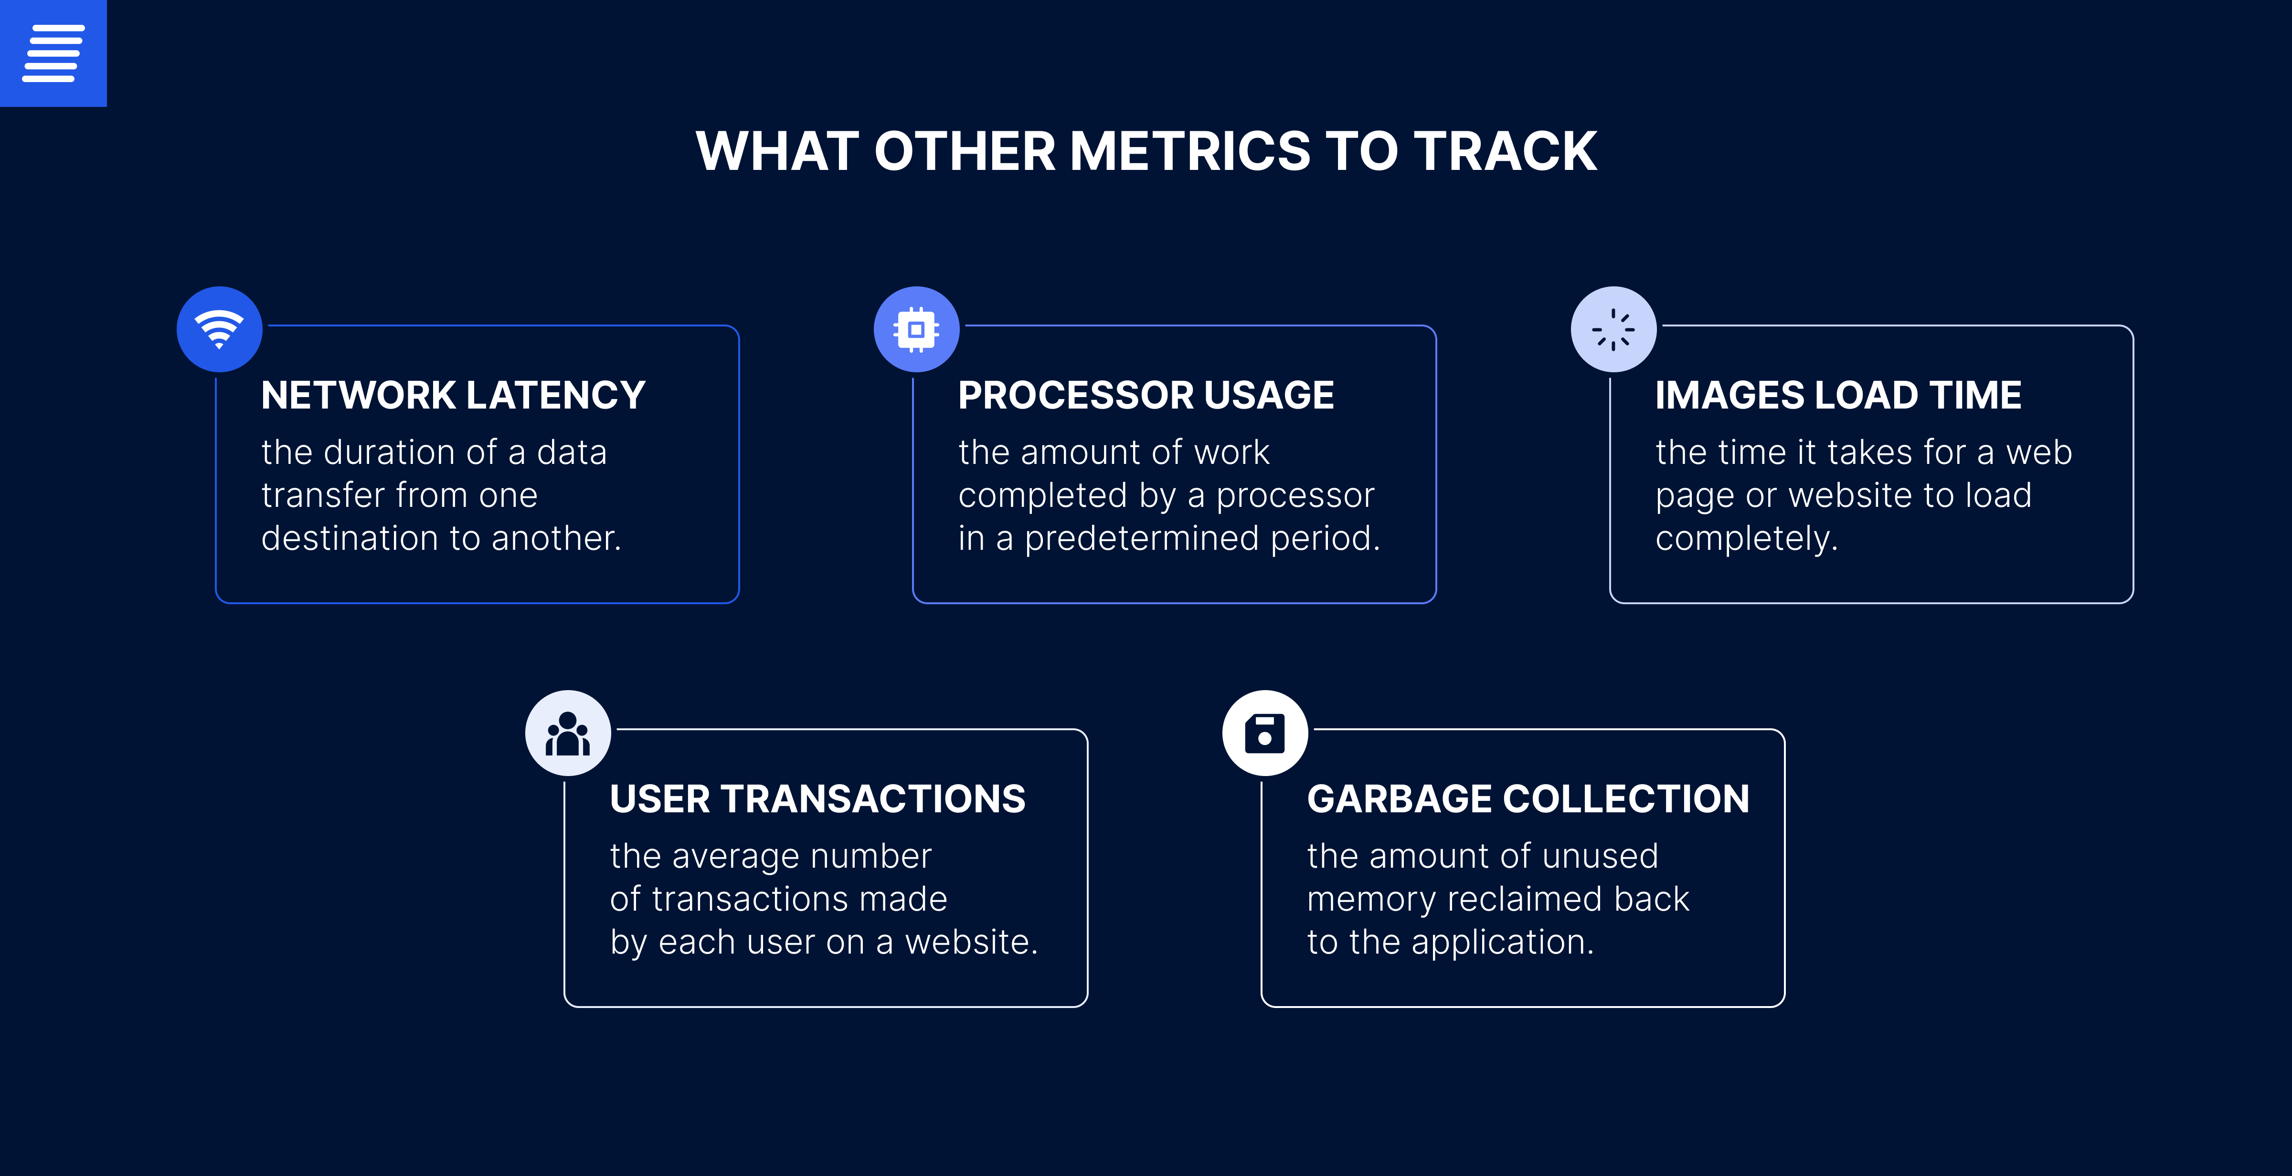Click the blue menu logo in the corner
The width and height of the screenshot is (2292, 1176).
click(x=53, y=53)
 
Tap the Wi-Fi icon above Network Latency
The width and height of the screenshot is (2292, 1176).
click(x=219, y=329)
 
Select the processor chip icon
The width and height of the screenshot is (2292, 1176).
click(x=916, y=329)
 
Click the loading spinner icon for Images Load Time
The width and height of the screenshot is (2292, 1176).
click(x=1613, y=329)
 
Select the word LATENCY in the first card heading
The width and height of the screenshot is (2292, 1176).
click(x=556, y=395)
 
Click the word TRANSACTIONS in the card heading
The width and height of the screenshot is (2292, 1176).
click(x=873, y=799)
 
